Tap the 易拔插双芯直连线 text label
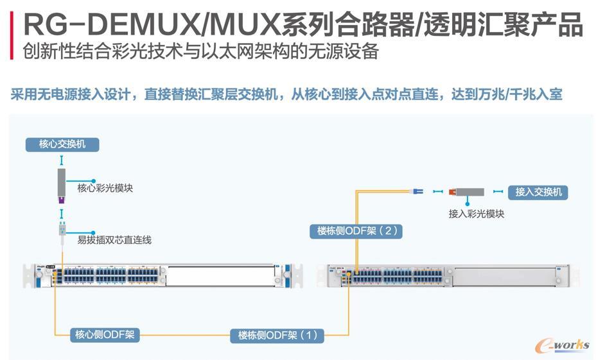114,239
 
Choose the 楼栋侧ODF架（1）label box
277,334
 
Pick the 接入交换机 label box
538,192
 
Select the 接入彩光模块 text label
476,213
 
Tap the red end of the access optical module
452,191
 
